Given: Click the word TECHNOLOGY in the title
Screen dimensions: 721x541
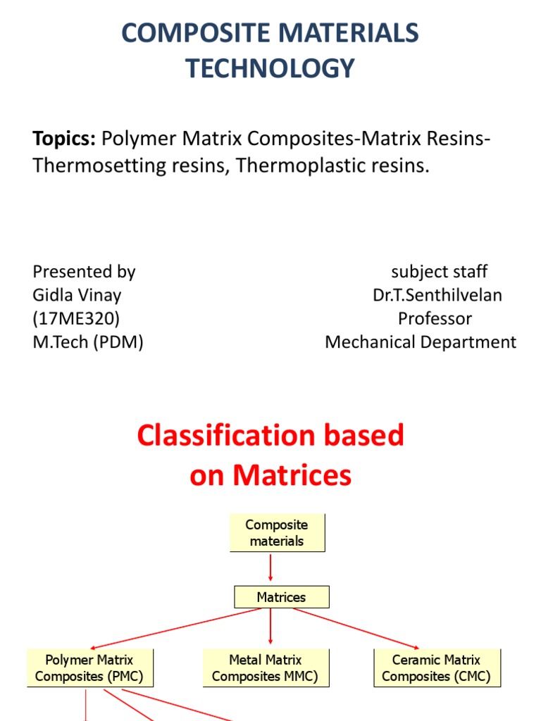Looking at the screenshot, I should click(x=270, y=68).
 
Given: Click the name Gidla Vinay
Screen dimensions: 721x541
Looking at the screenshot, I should click(x=77, y=295).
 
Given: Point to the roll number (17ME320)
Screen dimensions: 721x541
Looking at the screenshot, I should click(x=76, y=318).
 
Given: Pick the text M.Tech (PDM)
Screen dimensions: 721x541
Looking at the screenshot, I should click(x=88, y=342).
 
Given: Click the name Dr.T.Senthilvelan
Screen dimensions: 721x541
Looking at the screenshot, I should click(x=437, y=295).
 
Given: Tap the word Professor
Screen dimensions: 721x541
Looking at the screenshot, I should click(x=435, y=318).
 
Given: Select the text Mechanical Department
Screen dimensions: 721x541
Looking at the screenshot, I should click(x=421, y=342).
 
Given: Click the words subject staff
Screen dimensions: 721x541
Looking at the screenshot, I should click(x=439, y=272).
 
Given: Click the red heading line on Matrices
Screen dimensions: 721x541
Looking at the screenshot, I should click(x=270, y=476).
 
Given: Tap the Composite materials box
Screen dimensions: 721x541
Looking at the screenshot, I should click(x=277, y=533).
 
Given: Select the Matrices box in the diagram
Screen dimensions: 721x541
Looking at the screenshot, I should click(x=281, y=597).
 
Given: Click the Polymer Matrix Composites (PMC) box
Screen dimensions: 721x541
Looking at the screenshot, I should click(x=89, y=668).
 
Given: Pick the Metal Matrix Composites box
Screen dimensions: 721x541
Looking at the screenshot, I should click(x=265, y=668).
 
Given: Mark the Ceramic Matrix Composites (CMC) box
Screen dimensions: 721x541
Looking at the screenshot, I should click(x=436, y=668).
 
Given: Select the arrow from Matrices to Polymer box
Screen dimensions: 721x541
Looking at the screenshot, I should click(x=180, y=628).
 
